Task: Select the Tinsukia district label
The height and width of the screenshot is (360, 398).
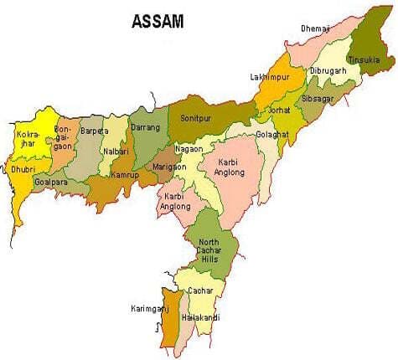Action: [x=370, y=59]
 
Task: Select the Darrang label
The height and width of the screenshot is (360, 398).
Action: [x=145, y=128]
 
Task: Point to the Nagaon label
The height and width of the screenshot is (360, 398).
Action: [x=189, y=148]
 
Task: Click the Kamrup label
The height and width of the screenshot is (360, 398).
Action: [x=125, y=176]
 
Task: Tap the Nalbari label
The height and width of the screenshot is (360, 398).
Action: [x=116, y=152]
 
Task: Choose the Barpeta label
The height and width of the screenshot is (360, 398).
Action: [x=94, y=131]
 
